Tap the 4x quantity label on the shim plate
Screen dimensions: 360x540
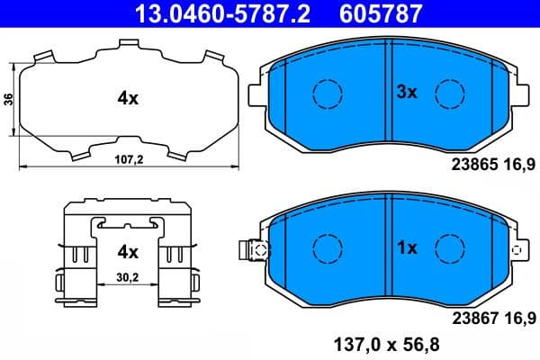tap(127, 99)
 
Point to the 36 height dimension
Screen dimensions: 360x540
tap(9, 99)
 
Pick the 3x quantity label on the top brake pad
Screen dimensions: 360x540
tap(409, 91)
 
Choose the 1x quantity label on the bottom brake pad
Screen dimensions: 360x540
tap(409, 247)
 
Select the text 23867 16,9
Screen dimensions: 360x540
tap(490, 316)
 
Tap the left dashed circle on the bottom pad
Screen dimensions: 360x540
tap(326, 247)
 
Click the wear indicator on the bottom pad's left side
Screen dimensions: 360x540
tap(254, 250)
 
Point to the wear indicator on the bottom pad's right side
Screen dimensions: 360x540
tap(517, 250)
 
